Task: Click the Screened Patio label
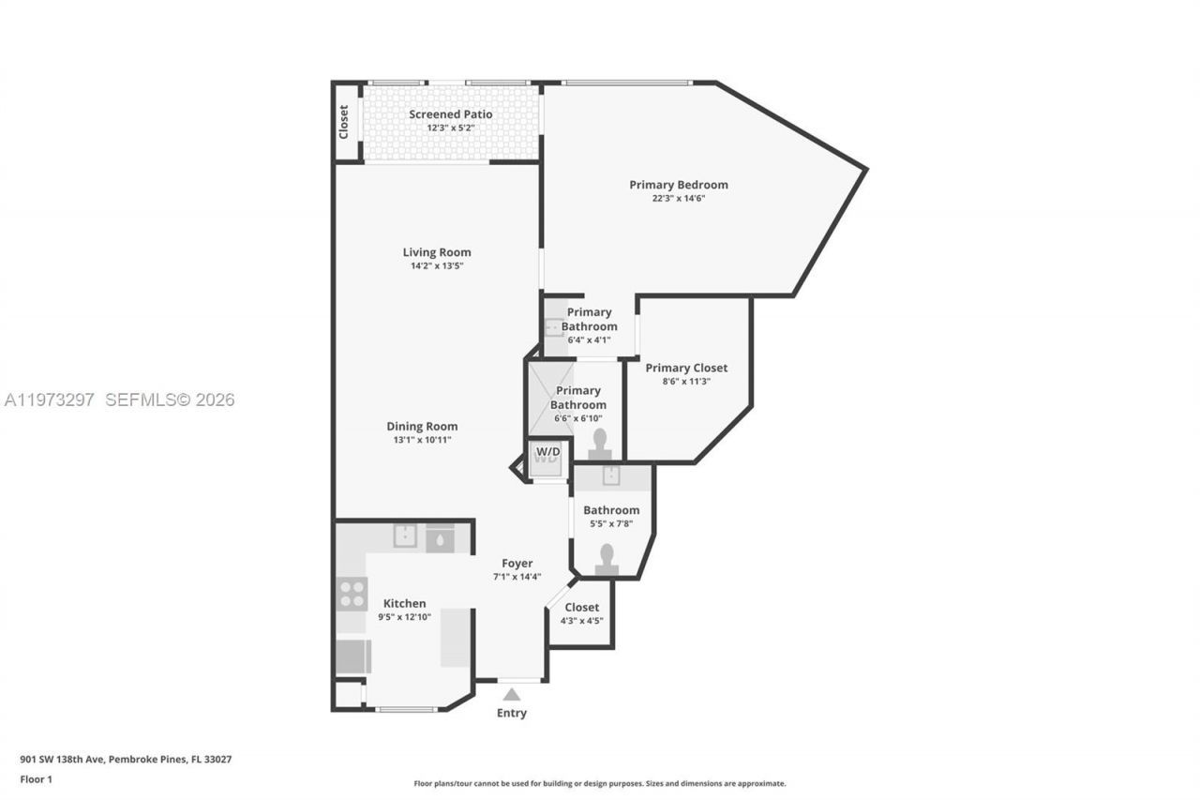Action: click(x=450, y=114)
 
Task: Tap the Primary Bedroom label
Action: click(x=678, y=185)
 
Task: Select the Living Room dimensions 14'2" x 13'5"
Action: click(x=437, y=266)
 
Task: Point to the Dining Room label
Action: click(x=423, y=427)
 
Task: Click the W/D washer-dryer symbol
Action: click(x=547, y=457)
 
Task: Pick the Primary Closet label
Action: click(x=686, y=368)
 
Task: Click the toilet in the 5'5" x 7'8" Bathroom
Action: click(x=607, y=558)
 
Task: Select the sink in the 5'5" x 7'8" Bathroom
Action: click(x=610, y=476)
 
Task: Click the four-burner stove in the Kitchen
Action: click(x=352, y=594)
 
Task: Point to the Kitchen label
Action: click(x=404, y=603)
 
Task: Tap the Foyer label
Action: click(x=517, y=564)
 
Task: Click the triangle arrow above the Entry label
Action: click(x=511, y=694)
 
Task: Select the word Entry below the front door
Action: click(x=511, y=713)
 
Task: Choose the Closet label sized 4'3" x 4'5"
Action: click(x=581, y=607)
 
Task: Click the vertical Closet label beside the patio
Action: click(x=344, y=122)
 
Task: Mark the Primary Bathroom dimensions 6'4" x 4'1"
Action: click(x=589, y=340)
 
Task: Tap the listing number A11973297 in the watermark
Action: click(x=50, y=400)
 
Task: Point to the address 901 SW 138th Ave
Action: click(x=63, y=760)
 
